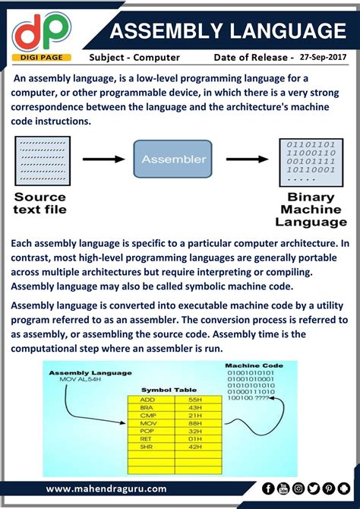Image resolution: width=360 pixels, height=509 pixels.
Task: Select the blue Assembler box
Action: coord(173,160)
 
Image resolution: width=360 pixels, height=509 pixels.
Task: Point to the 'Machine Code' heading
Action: coord(254,365)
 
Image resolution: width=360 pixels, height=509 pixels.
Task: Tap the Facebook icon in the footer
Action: coord(268,488)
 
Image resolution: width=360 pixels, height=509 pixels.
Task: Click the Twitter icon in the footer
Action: coord(313,488)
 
